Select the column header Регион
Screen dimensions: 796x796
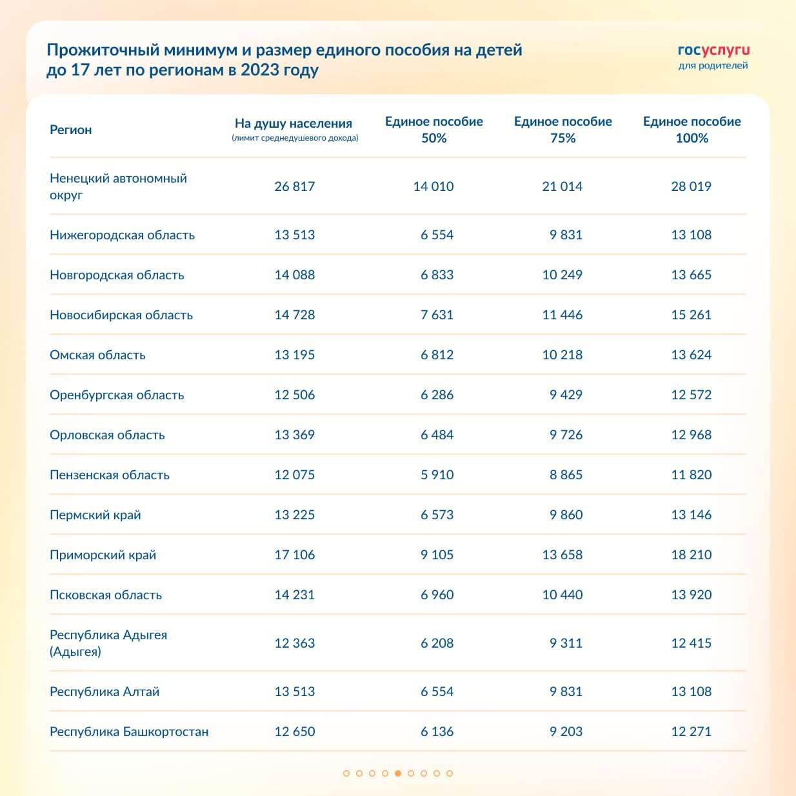point(71,130)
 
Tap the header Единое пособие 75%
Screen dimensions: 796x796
point(562,130)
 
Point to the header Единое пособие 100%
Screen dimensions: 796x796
point(692,130)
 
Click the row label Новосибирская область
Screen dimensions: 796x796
point(121,315)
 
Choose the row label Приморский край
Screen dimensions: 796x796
point(103,555)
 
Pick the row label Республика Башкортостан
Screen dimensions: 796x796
point(129,731)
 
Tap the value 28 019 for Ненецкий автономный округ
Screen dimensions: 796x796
point(691,186)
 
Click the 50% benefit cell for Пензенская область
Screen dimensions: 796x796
point(437,475)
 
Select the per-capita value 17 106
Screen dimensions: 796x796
point(295,555)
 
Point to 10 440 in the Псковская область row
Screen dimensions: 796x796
point(562,595)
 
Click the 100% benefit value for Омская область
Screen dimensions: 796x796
point(691,355)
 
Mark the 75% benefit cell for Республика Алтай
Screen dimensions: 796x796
point(566,692)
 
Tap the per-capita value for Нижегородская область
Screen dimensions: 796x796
point(295,235)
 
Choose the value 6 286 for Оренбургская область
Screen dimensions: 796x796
point(437,395)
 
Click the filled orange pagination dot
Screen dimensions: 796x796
point(398,773)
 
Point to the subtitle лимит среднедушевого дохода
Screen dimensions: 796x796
point(295,138)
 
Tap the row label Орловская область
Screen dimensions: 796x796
point(107,435)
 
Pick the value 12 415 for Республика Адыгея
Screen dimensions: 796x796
point(691,643)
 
